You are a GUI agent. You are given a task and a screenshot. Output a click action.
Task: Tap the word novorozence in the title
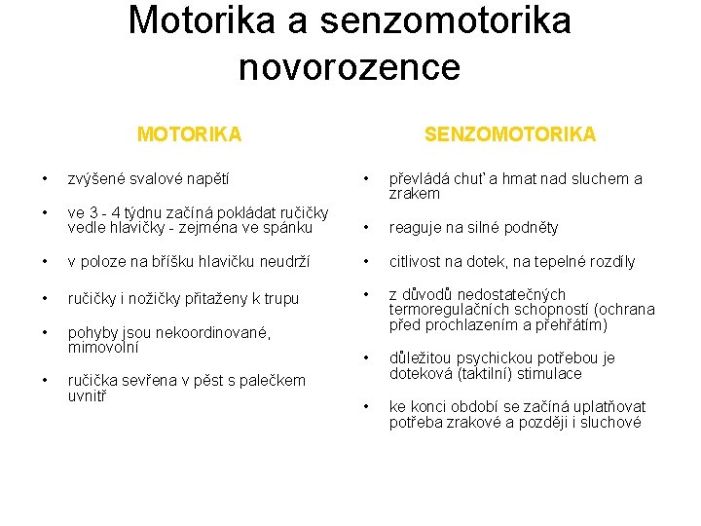349,67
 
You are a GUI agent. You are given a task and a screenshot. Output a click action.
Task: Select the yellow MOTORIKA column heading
189,133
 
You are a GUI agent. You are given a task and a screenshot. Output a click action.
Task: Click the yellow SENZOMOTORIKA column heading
509,133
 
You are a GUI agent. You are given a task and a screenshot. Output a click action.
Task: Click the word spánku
289,227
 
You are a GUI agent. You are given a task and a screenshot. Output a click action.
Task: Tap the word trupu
278,298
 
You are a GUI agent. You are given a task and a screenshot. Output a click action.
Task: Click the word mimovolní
102,346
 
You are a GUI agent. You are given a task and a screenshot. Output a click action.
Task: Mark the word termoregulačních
446,310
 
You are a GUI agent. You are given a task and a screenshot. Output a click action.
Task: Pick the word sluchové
610,422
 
